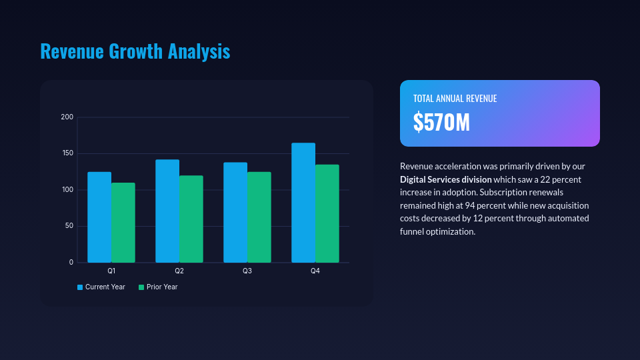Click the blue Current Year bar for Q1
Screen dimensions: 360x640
[x=99, y=217]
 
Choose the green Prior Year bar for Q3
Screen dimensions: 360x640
[x=259, y=217]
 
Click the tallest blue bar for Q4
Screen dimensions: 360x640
[x=303, y=203]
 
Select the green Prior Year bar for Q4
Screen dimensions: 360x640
[x=327, y=213]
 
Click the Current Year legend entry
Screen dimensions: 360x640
[x=101, y=287]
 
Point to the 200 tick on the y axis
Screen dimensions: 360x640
[x=67, y=117]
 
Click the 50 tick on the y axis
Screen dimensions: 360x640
[x=69, y=227]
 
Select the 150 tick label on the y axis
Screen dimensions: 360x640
[x=67, y=154]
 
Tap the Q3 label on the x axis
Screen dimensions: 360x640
[x=247, y=271]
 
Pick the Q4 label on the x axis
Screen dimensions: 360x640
[x=315, y=271]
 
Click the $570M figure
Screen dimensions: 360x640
[x=441, y=123]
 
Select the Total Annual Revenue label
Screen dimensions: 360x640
[x=455, y=99]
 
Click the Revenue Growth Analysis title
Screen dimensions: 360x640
[x=135, y=51]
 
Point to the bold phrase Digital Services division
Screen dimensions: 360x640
[x=446, y=179]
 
